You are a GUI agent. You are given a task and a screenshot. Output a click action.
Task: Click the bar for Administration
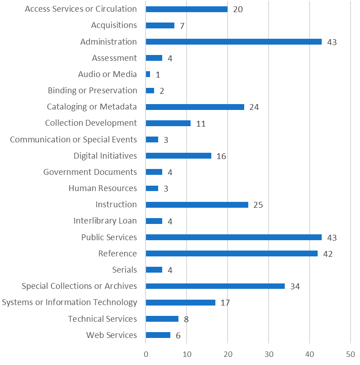click(233, 41)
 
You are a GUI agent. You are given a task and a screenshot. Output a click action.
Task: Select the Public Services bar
click(233, 237)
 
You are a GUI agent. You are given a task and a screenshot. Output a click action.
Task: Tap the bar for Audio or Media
click(148, 74)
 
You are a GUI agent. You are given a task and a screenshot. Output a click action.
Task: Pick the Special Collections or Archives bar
click(215, 286)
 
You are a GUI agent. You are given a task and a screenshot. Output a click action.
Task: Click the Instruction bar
click(197, 205)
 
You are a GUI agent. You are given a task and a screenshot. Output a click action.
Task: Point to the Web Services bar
click(158, 335)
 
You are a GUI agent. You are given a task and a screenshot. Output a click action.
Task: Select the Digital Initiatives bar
click(178, 155)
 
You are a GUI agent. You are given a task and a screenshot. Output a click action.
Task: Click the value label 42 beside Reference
click(328, 254)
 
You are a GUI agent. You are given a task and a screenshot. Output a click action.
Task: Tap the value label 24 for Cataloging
click(254, 107)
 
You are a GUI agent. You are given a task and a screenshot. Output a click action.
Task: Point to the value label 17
click(225, 302)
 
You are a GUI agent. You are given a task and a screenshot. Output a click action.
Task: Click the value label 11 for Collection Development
click(201, 123)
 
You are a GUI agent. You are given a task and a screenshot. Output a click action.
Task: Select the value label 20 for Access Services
click(238, 9)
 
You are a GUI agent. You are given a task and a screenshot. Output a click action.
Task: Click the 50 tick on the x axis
click(350, 354)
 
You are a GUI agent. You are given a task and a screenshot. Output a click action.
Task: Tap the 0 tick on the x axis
click(146, 354)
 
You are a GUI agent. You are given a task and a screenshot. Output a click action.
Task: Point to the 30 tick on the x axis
click(269, 354)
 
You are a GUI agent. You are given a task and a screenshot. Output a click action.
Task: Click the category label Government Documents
click(90, 172)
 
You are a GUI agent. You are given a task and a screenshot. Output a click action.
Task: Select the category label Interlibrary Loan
click(105, 220)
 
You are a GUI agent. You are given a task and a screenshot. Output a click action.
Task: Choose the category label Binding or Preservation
click(92, 90)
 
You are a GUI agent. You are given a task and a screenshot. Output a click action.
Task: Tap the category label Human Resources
click(103, 188)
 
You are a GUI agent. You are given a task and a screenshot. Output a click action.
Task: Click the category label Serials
click(124, 269)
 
